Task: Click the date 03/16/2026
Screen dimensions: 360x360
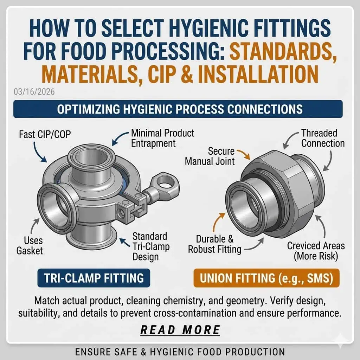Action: click(x=34, y=92)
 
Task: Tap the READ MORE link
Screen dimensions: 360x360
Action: click(x=180, y=330)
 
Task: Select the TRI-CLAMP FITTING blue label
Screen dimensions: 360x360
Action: click(x=94, y=278)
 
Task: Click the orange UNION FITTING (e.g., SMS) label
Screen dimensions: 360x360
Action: click(x=266, y=278)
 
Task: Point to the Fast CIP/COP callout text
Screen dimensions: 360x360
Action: click(x=45, y=134)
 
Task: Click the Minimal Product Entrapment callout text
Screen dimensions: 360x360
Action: click(x=162, y=138)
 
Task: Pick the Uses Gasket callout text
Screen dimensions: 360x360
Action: click(x=30, y=245)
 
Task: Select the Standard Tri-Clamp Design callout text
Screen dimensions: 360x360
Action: click(x=151, y=246)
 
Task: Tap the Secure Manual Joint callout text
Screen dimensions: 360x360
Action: click(x=210, y=156)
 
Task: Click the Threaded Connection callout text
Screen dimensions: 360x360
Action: click(x=323, y=138)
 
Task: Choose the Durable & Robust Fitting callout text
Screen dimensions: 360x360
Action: click(x=214, y=244)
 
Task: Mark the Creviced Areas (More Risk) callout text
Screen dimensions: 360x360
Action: click(x=316, y=251)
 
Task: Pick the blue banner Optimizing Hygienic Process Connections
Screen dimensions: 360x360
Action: click(x=178, y=109)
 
